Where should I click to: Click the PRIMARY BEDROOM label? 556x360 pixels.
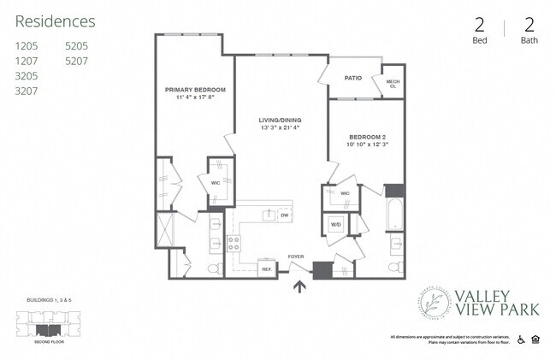[195, 89]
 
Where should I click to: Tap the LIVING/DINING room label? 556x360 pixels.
[282, 121]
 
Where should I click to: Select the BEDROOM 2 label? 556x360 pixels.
[368, 138]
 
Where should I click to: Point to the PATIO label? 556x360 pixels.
[353, 78]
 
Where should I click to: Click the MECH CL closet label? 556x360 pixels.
[393, 82]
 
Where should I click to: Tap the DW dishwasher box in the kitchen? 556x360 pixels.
[284, 215]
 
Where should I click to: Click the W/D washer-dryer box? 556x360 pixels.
[335, 225]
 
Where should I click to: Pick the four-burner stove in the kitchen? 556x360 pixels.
[234, 245]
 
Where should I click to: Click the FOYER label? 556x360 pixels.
[296, 256]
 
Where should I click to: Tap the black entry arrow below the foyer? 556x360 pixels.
[299, 286]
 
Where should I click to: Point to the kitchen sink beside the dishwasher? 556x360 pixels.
[268, 215]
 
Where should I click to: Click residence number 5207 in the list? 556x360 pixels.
[77, 61]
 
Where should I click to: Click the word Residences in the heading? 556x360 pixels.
[55, 21]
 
